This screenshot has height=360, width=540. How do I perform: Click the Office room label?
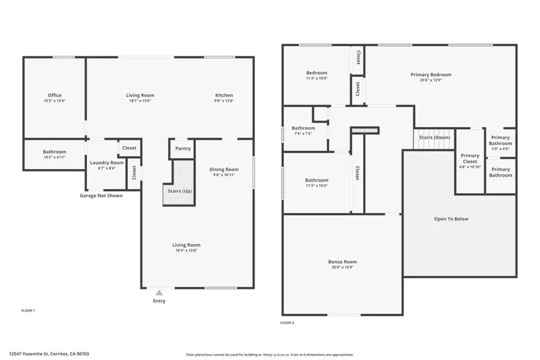(55, 95)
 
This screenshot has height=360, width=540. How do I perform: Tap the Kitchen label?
(224, 95)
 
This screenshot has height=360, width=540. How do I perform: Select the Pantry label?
(183, 148)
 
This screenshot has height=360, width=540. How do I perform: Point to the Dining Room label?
(224, 169)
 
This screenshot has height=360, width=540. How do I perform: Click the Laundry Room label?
(107, 163)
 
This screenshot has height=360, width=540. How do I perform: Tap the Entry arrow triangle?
(159, 293)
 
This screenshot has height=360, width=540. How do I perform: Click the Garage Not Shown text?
(101, 195)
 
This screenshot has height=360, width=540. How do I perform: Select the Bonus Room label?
(343, 262)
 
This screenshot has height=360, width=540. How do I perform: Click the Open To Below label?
(451, 219)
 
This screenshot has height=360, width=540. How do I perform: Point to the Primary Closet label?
(470, 159)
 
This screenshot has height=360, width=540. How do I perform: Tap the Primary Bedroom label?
(431, 74)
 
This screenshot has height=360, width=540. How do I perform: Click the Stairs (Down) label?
(435, 137)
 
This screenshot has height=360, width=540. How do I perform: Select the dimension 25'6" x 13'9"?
(431, 80)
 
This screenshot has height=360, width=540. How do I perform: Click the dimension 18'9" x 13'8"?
(187, 251)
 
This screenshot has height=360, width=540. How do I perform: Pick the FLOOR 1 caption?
(28, 310)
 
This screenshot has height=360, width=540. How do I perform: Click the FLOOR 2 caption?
(287, 323)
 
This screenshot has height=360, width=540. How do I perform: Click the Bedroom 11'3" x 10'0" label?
(317, 75)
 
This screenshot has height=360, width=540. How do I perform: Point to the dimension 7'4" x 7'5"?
(303, 134)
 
